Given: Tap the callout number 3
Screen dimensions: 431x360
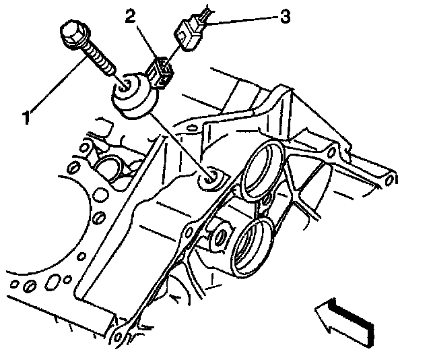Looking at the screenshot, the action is (x=285, y=17).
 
